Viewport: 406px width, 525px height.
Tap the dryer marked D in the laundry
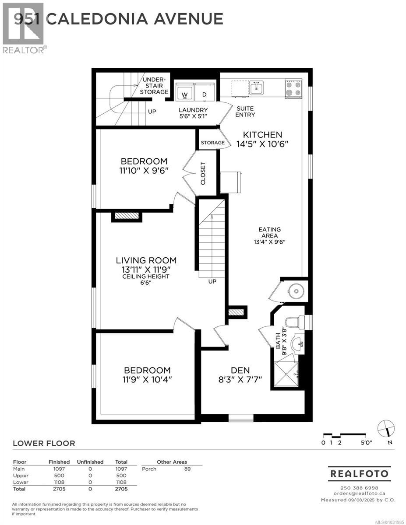205,93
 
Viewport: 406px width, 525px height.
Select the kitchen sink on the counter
256,87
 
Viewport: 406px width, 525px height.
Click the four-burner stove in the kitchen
293,87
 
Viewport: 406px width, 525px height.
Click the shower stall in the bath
286,374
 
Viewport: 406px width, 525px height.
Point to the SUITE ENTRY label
245,112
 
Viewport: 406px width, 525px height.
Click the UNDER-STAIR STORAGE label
154,86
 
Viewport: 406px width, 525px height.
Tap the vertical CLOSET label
203,173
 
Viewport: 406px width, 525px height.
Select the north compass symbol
386,428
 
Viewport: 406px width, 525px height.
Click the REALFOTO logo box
359,473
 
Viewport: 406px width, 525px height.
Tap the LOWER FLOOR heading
44,443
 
